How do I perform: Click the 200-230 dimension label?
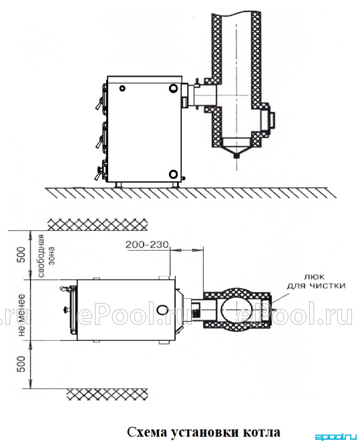coord(147,245)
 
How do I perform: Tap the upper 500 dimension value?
coord(22,255)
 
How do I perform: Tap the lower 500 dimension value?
coord(22,364)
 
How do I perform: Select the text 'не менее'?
coord(22,316)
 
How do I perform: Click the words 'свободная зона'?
coord(46,256)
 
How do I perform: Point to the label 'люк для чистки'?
coord(316,282)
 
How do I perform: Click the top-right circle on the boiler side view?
coord(174,88)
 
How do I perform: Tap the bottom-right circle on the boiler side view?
coord(174,174)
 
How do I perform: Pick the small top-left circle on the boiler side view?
coord(122,88)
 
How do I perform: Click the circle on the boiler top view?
coord(163,310)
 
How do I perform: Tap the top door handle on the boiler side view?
coord(99,103)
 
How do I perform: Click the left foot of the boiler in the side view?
coord(118,185)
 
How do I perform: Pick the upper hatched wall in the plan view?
coord(98,224)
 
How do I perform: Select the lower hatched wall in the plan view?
coord(107,394)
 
